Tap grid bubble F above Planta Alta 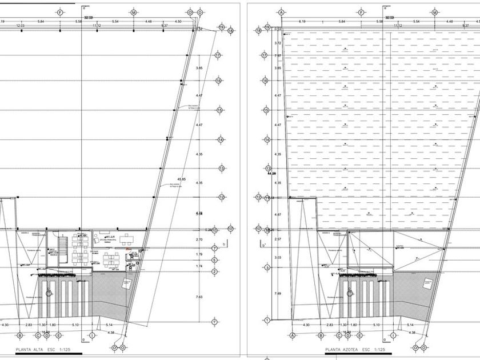[60, 11]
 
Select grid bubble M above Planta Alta [134, 11]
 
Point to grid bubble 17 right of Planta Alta [218, 55]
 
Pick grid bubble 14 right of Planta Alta [220, 139]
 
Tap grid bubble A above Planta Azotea [281, 11]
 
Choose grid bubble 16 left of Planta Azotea [265, 81]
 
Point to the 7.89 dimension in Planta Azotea [278, 294]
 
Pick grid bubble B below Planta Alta [20, 335]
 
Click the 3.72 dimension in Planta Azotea [278, 43]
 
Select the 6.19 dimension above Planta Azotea [302, 22]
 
